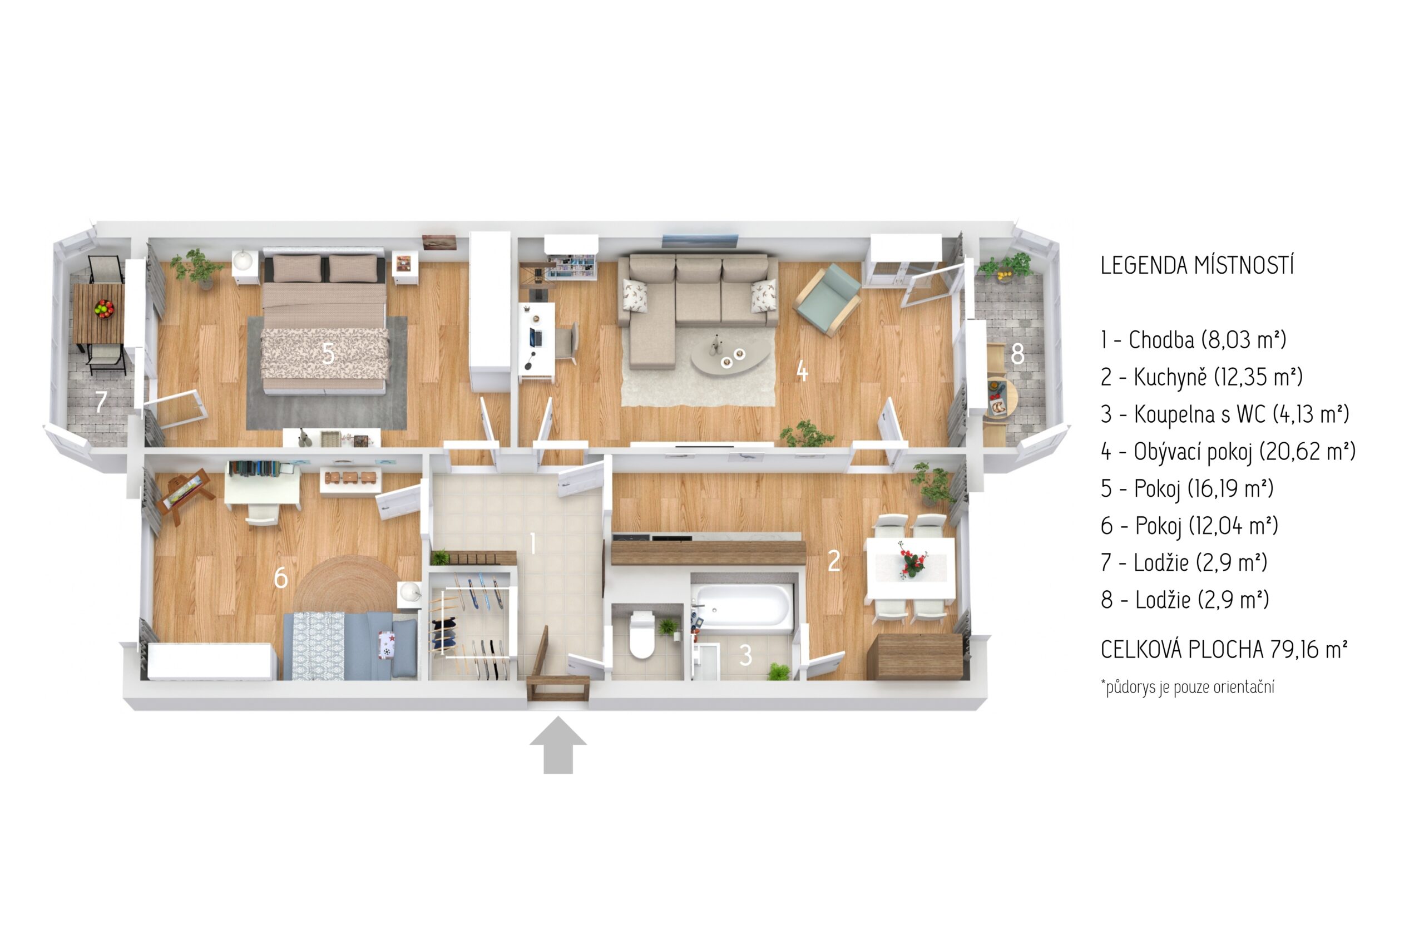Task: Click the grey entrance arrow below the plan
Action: [x=557, y=745]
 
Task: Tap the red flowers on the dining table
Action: [x=911, y=560]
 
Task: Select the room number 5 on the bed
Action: [x=328, y=353]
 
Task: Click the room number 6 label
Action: [x=280, y=578]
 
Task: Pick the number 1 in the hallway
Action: [x=532, y=543]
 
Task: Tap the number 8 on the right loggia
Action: [x=1017, y=353]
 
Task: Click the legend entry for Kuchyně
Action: [x=1201, y=377]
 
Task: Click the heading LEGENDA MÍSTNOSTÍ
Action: [x=1197, y=266]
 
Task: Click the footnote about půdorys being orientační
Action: [x=1188, y=687]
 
